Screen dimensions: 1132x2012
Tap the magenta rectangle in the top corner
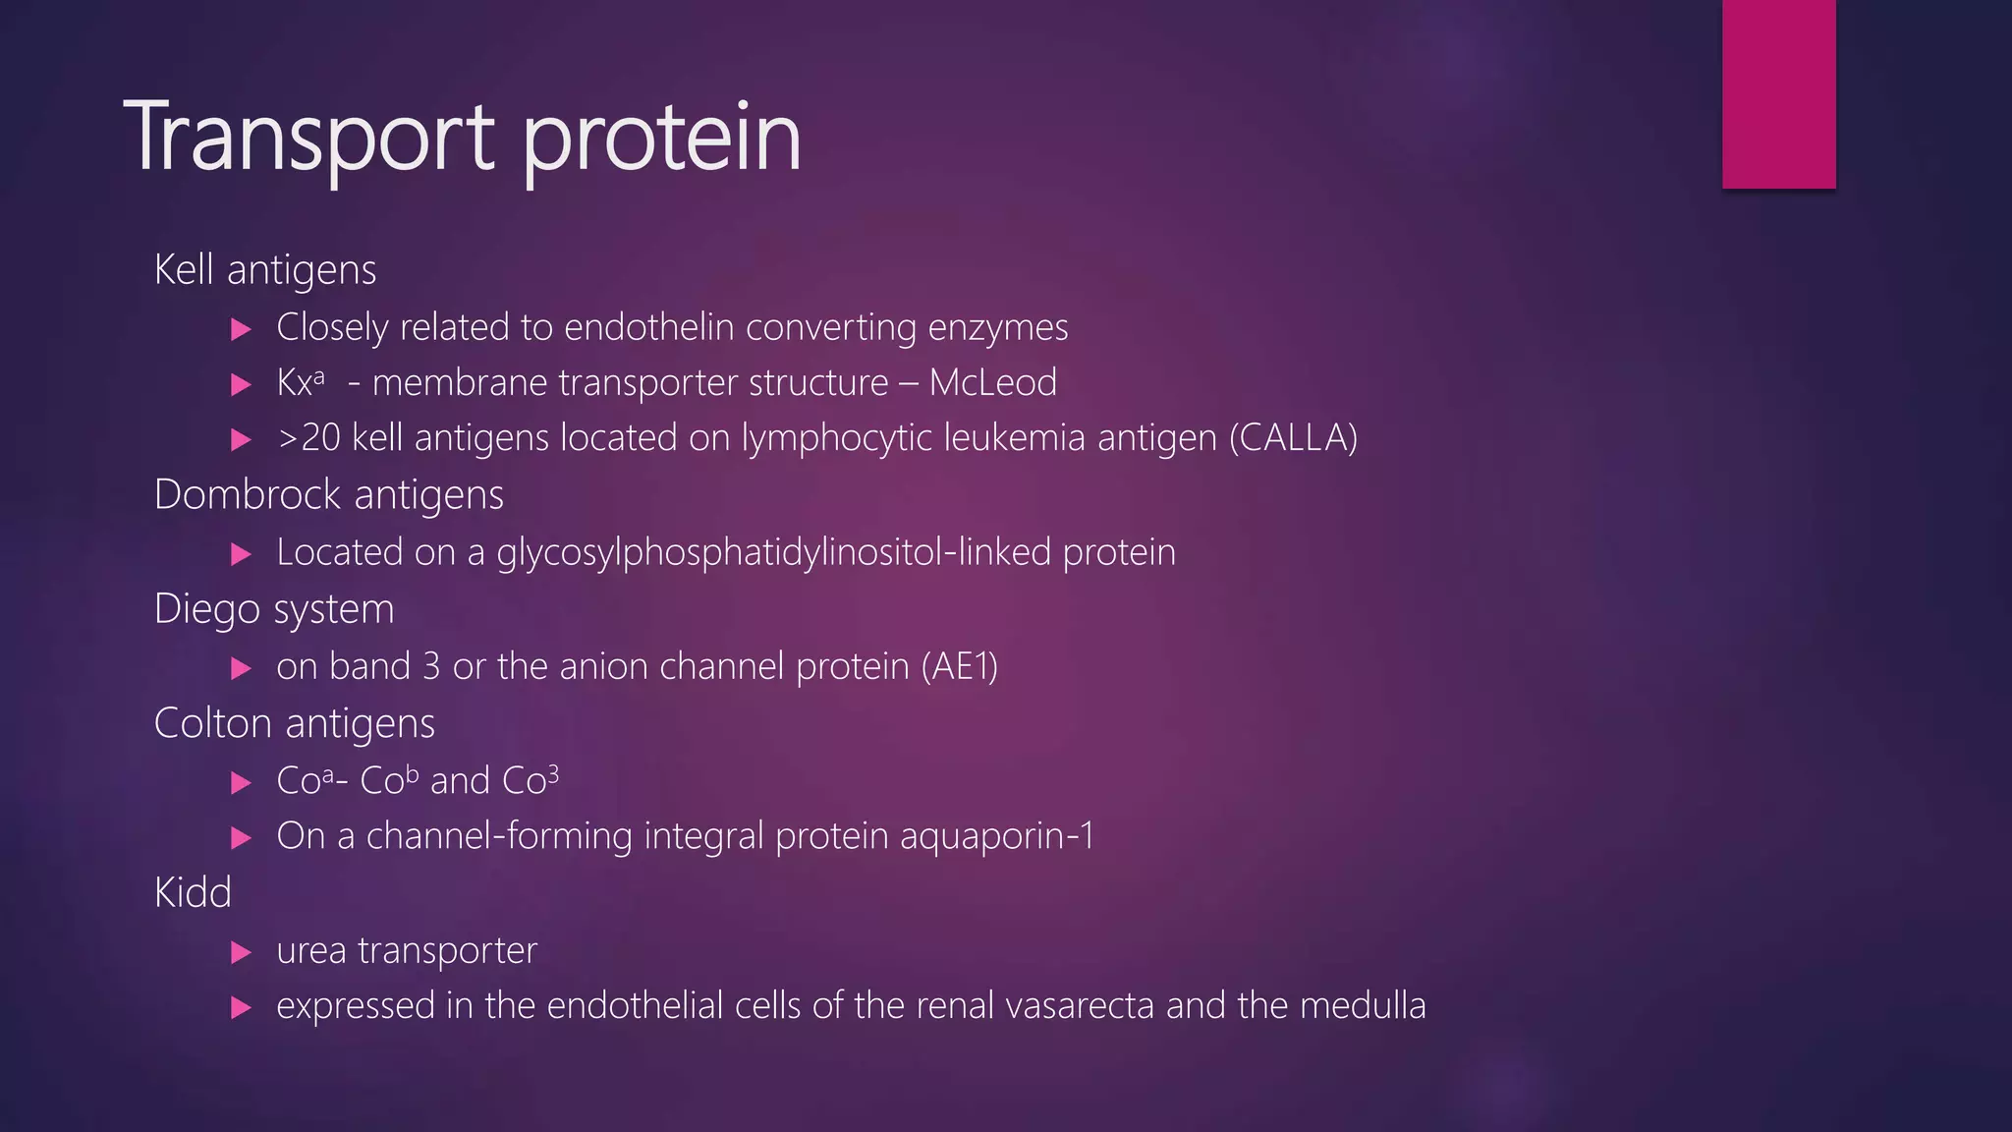click(x=1778, y=93)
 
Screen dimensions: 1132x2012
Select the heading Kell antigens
click(x=265, y=270)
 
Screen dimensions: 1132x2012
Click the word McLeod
click(x=992, y=382)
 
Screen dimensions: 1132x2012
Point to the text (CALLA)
click(x=1293, y=437)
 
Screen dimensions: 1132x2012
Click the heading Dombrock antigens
click(x=329, y=494)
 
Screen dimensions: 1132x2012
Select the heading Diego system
click(x=274, y=609)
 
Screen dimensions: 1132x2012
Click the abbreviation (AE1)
click(x=959, y=666)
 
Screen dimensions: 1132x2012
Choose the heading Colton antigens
click(x=295, y=723)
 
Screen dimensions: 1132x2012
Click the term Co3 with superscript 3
click(x=531, y=780)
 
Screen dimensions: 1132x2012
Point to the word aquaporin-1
click(x=996, y=836)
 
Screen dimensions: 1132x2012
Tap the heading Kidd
click(x=193, y=893)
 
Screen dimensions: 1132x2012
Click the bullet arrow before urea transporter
click(x=241, y=952)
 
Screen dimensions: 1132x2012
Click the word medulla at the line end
click(x=1362, y=1005)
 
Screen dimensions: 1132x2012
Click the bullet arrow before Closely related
click(x=241, y=329)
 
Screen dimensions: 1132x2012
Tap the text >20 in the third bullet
click(x=308, y=438)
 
